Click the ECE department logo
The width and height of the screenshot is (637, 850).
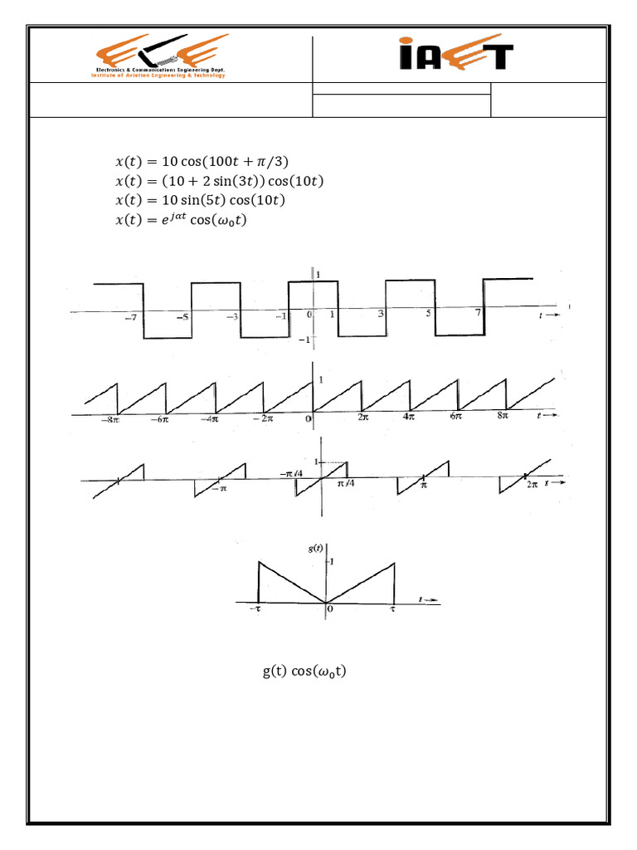coord(159,56)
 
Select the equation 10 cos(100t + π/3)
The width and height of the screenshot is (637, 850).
coord(202,161)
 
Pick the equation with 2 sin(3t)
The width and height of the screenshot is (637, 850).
coord(218,181)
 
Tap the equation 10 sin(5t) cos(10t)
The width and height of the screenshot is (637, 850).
coord(201,201)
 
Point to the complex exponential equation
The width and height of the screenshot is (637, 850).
coord(182,220)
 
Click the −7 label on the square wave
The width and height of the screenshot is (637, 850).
coord(130,318)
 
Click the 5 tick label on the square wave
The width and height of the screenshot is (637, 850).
coord(429,314)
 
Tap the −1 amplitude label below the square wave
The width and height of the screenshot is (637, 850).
coord(304,340)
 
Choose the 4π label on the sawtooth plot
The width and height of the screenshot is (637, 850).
coord(408,418)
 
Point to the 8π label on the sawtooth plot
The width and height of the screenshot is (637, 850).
coord(503,418)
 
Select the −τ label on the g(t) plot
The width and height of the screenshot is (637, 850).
coord(255,609)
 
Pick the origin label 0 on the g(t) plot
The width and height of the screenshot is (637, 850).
coord(329,609)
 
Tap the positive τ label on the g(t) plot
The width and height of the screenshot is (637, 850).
coord(393,609)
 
